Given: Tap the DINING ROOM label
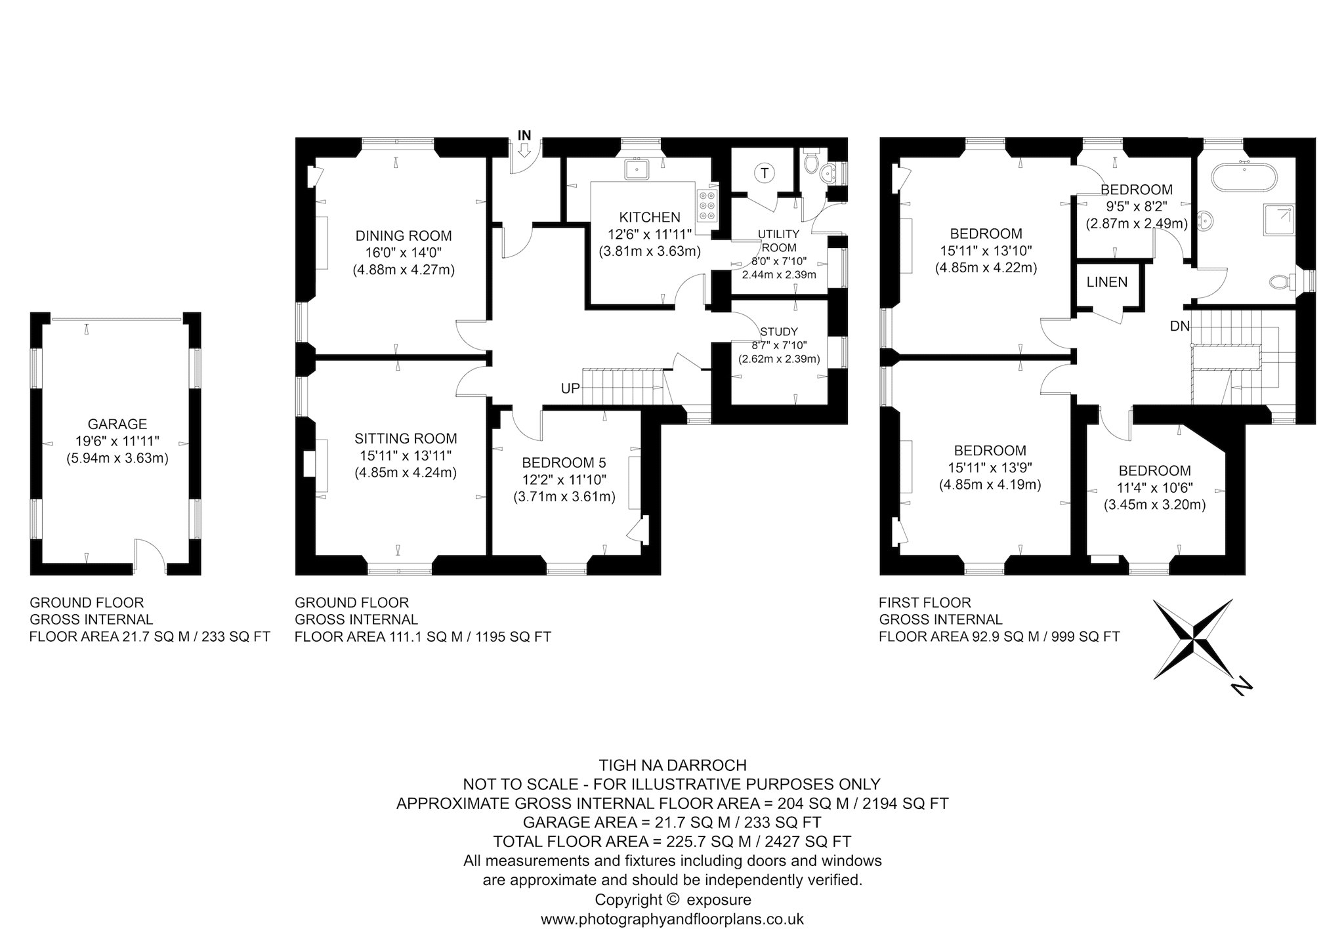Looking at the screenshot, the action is [404, 236].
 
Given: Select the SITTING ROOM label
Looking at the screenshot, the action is [406, 438].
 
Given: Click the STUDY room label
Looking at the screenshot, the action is [779, 331].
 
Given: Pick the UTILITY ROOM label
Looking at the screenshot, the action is [779, 241].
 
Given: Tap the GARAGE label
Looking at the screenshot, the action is [117, 424].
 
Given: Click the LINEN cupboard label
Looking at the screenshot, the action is [1107, 282].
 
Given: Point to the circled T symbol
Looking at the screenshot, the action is [764, 173].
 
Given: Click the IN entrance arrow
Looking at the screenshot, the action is [524, 150].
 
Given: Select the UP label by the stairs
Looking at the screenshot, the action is [570, 388].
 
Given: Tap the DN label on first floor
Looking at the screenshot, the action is [1179, 326].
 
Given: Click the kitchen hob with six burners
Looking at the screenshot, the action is [707, 204].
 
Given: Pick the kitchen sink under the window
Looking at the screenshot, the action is [637, 169].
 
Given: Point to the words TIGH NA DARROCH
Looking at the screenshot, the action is [672, 765].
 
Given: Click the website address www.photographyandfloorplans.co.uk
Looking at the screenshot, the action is [672, 919].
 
